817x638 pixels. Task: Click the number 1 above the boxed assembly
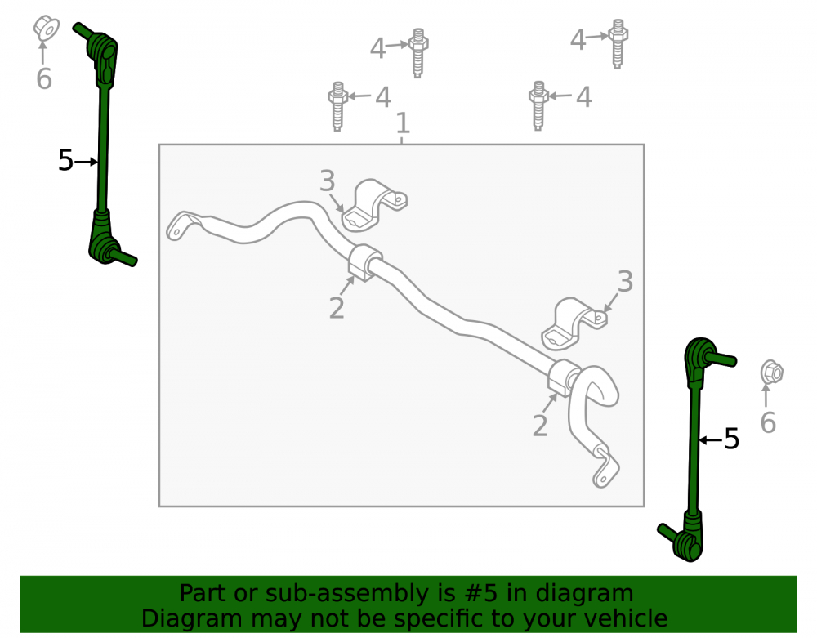pos(403,123)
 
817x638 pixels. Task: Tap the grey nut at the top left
pos(46,28)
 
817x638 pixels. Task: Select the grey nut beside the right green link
pos(771,372)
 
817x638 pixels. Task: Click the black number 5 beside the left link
pos(65,160)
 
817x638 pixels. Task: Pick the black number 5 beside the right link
pos(731,439)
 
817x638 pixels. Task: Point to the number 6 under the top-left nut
pos(44,78)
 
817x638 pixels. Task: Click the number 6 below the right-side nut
pos(768,422)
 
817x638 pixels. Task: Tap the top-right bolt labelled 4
pos(618,44)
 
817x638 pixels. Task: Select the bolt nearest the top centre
pos(417,53)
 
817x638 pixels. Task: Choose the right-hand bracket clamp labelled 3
pos(573,323)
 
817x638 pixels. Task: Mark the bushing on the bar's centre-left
pos(364,262)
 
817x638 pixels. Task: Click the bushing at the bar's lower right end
pos(565,377)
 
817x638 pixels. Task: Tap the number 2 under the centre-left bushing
pos(337,308)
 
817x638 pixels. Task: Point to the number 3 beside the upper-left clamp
pos(328,181)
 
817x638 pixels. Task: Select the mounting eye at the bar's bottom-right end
pos(605,468)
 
